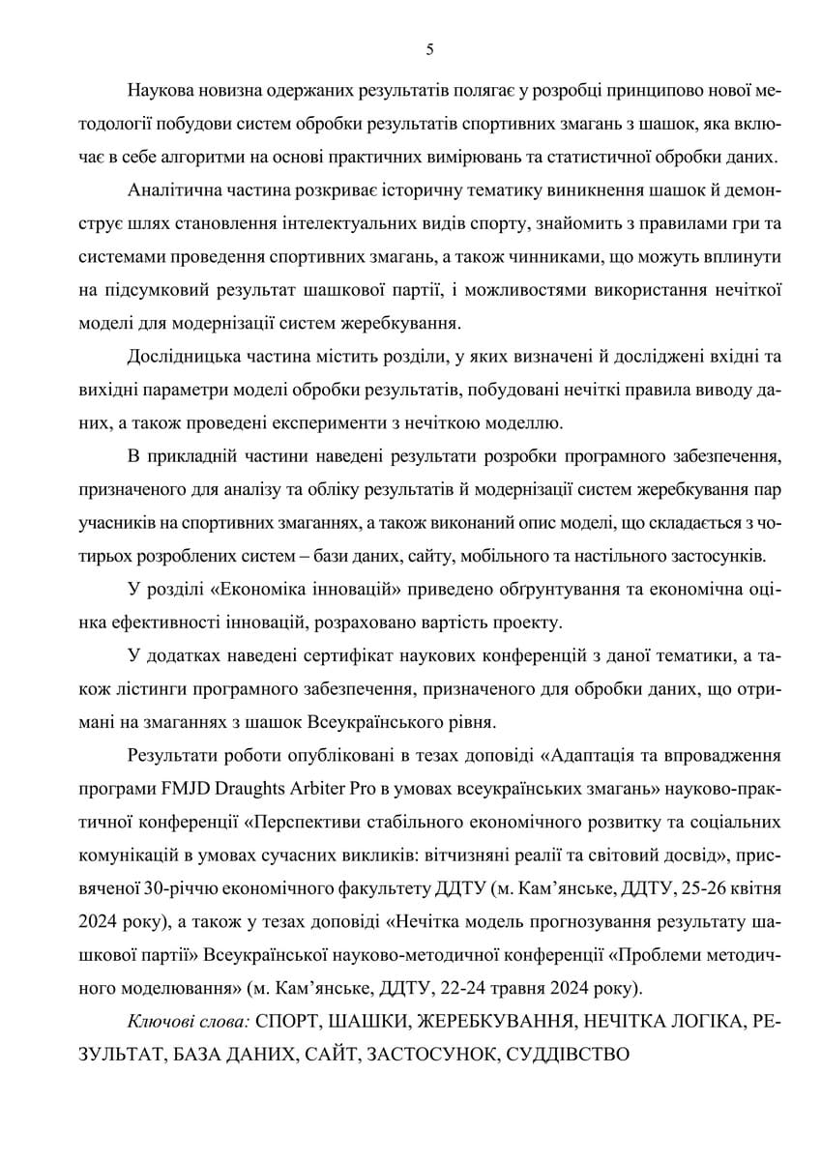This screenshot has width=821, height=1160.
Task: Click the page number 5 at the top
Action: pos(429,50)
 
